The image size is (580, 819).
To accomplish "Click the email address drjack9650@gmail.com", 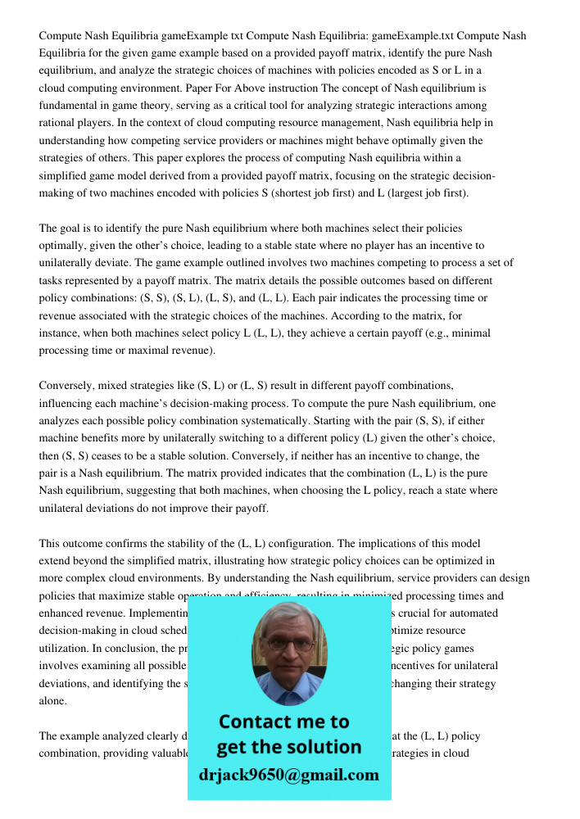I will (x=288, y=775).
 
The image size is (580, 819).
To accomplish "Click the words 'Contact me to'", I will (x=283, y=722).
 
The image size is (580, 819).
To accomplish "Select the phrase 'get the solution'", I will (x=288, y=747).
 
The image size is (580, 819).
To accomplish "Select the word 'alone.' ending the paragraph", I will (x=53, y=702).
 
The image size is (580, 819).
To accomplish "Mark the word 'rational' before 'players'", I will (x=58, y=123).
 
